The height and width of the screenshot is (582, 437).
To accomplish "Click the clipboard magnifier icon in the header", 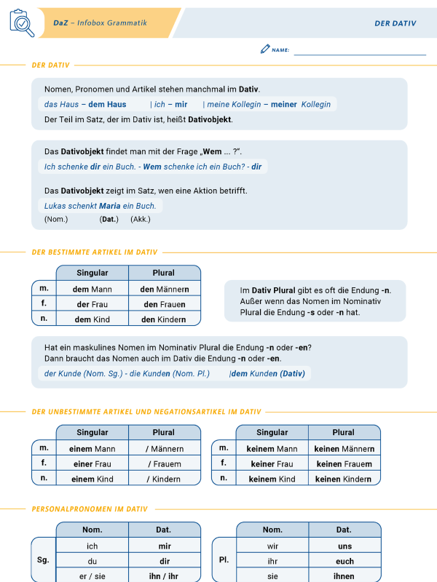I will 22,23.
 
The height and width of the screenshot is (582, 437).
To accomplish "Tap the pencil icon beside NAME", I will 264,49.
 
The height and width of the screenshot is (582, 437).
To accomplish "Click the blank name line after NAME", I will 360,51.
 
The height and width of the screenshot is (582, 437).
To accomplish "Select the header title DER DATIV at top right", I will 395,23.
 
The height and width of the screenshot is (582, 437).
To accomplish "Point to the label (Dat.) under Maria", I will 109,219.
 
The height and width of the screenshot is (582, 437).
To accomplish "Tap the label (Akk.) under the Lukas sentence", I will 141,219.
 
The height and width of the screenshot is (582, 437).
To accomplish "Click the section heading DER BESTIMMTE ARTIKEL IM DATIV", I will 95,252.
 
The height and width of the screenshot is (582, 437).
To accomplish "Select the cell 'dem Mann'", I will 92,289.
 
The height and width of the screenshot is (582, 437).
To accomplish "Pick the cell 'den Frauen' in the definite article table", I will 164,304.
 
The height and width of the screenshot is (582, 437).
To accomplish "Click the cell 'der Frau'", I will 92,304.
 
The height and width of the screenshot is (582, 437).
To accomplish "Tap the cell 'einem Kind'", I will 92,479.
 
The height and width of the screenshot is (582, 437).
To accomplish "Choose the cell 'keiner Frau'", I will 272,463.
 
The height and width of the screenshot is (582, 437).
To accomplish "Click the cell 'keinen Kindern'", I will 344,479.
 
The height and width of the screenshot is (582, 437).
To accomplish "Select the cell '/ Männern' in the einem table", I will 164,449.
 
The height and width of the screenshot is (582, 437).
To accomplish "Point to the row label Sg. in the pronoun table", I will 43,561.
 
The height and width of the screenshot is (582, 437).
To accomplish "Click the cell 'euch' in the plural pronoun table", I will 345,561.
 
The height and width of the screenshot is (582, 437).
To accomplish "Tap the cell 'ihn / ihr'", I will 164,576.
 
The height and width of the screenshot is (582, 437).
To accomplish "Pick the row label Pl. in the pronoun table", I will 224,561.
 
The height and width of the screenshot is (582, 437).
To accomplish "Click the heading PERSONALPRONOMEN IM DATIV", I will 90,509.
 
